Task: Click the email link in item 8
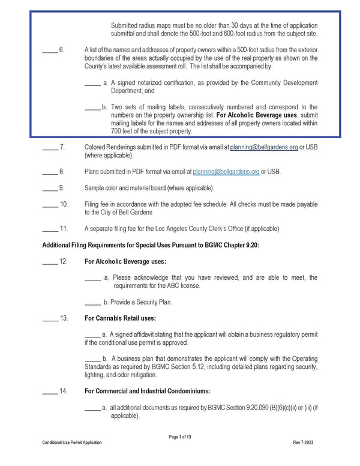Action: pos(227,172)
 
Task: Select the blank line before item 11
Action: pos(50,229)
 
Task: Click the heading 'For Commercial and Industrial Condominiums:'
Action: pos(153,391)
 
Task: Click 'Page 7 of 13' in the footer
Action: pos(180,435)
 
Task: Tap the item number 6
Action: pos(62,49)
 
